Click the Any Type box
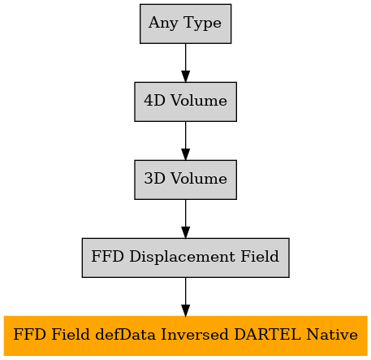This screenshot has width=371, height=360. tap(185, 24)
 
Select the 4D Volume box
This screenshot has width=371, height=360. tap(185, 102)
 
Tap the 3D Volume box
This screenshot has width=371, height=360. tap(185, 180)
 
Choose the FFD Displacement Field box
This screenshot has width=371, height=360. tap(185, 258)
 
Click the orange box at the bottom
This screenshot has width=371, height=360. tap(185, 336)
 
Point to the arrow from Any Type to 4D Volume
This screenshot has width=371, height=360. tap(185, 63)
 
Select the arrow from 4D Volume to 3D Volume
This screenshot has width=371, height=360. tap(185, 141)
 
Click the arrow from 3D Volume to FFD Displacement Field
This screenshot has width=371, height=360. tap(185, 219)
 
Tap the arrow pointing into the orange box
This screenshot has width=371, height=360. tap(185, 297)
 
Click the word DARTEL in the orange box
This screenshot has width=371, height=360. tap(267, 334)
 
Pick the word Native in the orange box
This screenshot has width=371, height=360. tap(332, 334)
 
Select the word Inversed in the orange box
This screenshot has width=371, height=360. tap(195, 334)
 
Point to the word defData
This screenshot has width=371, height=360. tap(126, 334)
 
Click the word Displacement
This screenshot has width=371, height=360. tap(182, 256)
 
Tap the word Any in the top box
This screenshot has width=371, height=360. tap(163, 24)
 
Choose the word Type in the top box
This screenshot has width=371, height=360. tap(202, 24)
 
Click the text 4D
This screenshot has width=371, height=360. tap(154, 100)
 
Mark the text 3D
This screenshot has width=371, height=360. tap(154, 178)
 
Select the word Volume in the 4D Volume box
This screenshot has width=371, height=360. tap(199, 100)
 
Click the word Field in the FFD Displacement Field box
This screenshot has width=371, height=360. tap(260, 256)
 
